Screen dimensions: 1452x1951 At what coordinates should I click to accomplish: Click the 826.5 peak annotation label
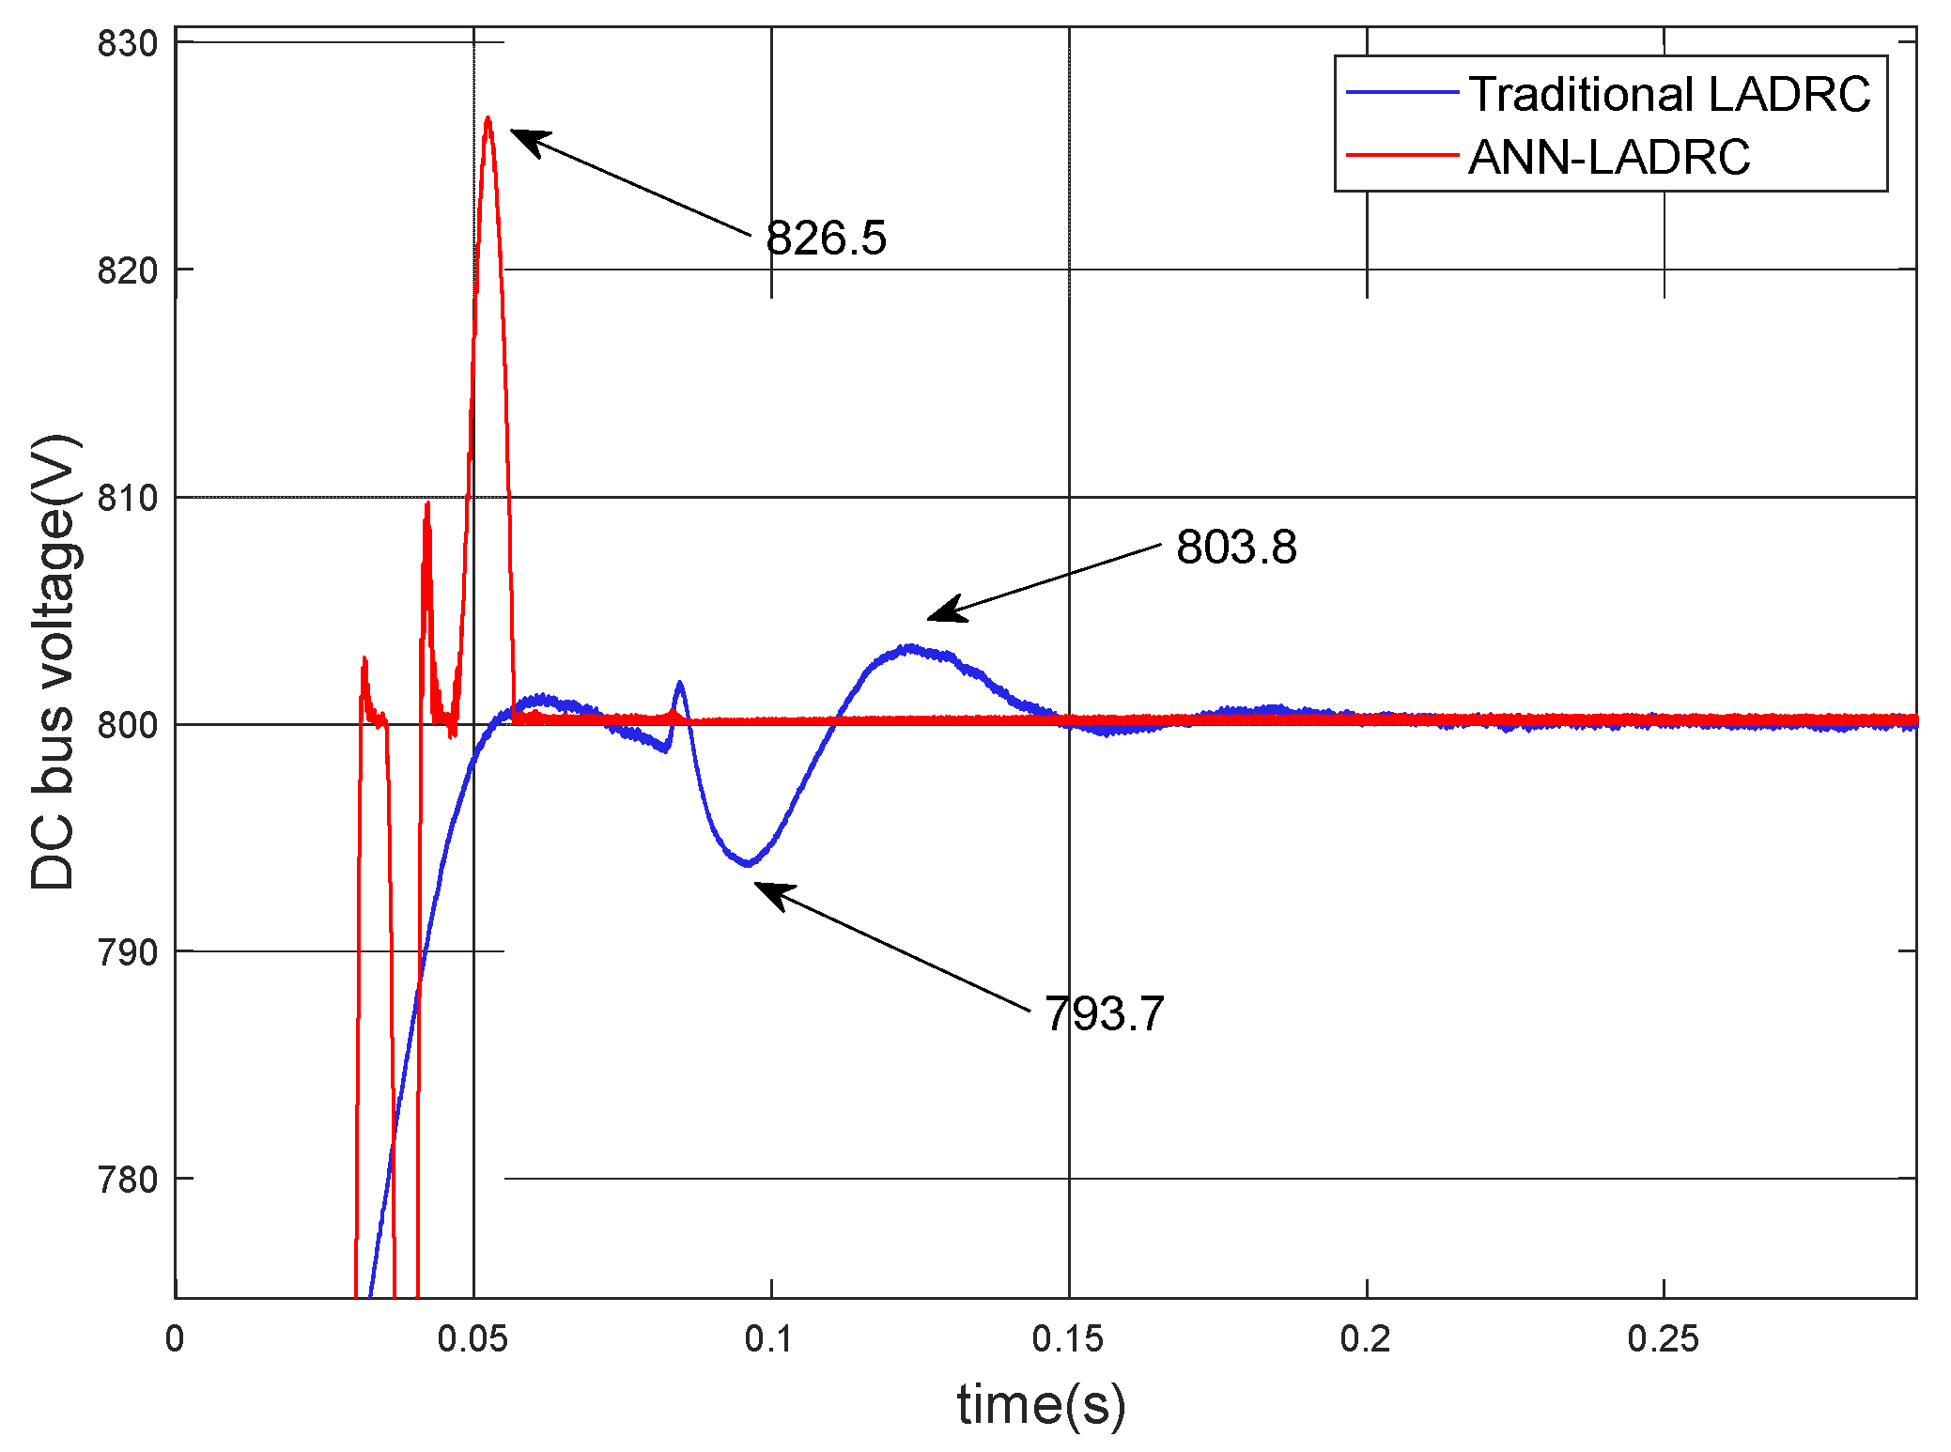click(826, 238)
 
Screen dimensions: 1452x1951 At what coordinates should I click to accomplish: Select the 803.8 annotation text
click(1236, 547)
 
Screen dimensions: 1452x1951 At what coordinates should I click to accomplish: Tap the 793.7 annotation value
click(1105, 1014)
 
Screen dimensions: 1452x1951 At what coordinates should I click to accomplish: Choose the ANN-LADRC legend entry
click(1609, 157)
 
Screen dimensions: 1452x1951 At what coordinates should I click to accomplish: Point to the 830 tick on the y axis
click(128, 44)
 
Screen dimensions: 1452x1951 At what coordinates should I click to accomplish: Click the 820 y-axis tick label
click(128, 270)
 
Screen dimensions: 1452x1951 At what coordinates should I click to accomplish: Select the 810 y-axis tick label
click(128, 498)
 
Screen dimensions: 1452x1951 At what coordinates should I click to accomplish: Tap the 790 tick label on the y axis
click(128, 952)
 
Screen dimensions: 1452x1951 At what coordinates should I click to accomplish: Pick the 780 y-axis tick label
click(128, 1180)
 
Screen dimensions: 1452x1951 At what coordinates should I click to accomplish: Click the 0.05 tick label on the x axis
click(472, 1339)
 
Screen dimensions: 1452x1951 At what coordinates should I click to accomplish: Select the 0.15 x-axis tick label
click(1068, 1339)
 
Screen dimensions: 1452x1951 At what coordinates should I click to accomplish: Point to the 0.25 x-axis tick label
click(1663, 1339)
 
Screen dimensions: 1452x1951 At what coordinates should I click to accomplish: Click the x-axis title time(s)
click(1041, 1406)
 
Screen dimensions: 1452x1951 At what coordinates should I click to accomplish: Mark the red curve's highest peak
click(488, 120)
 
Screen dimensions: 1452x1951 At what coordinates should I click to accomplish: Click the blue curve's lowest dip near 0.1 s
click(748, 863)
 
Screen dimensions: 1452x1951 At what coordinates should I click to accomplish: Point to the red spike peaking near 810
click(427, 505)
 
